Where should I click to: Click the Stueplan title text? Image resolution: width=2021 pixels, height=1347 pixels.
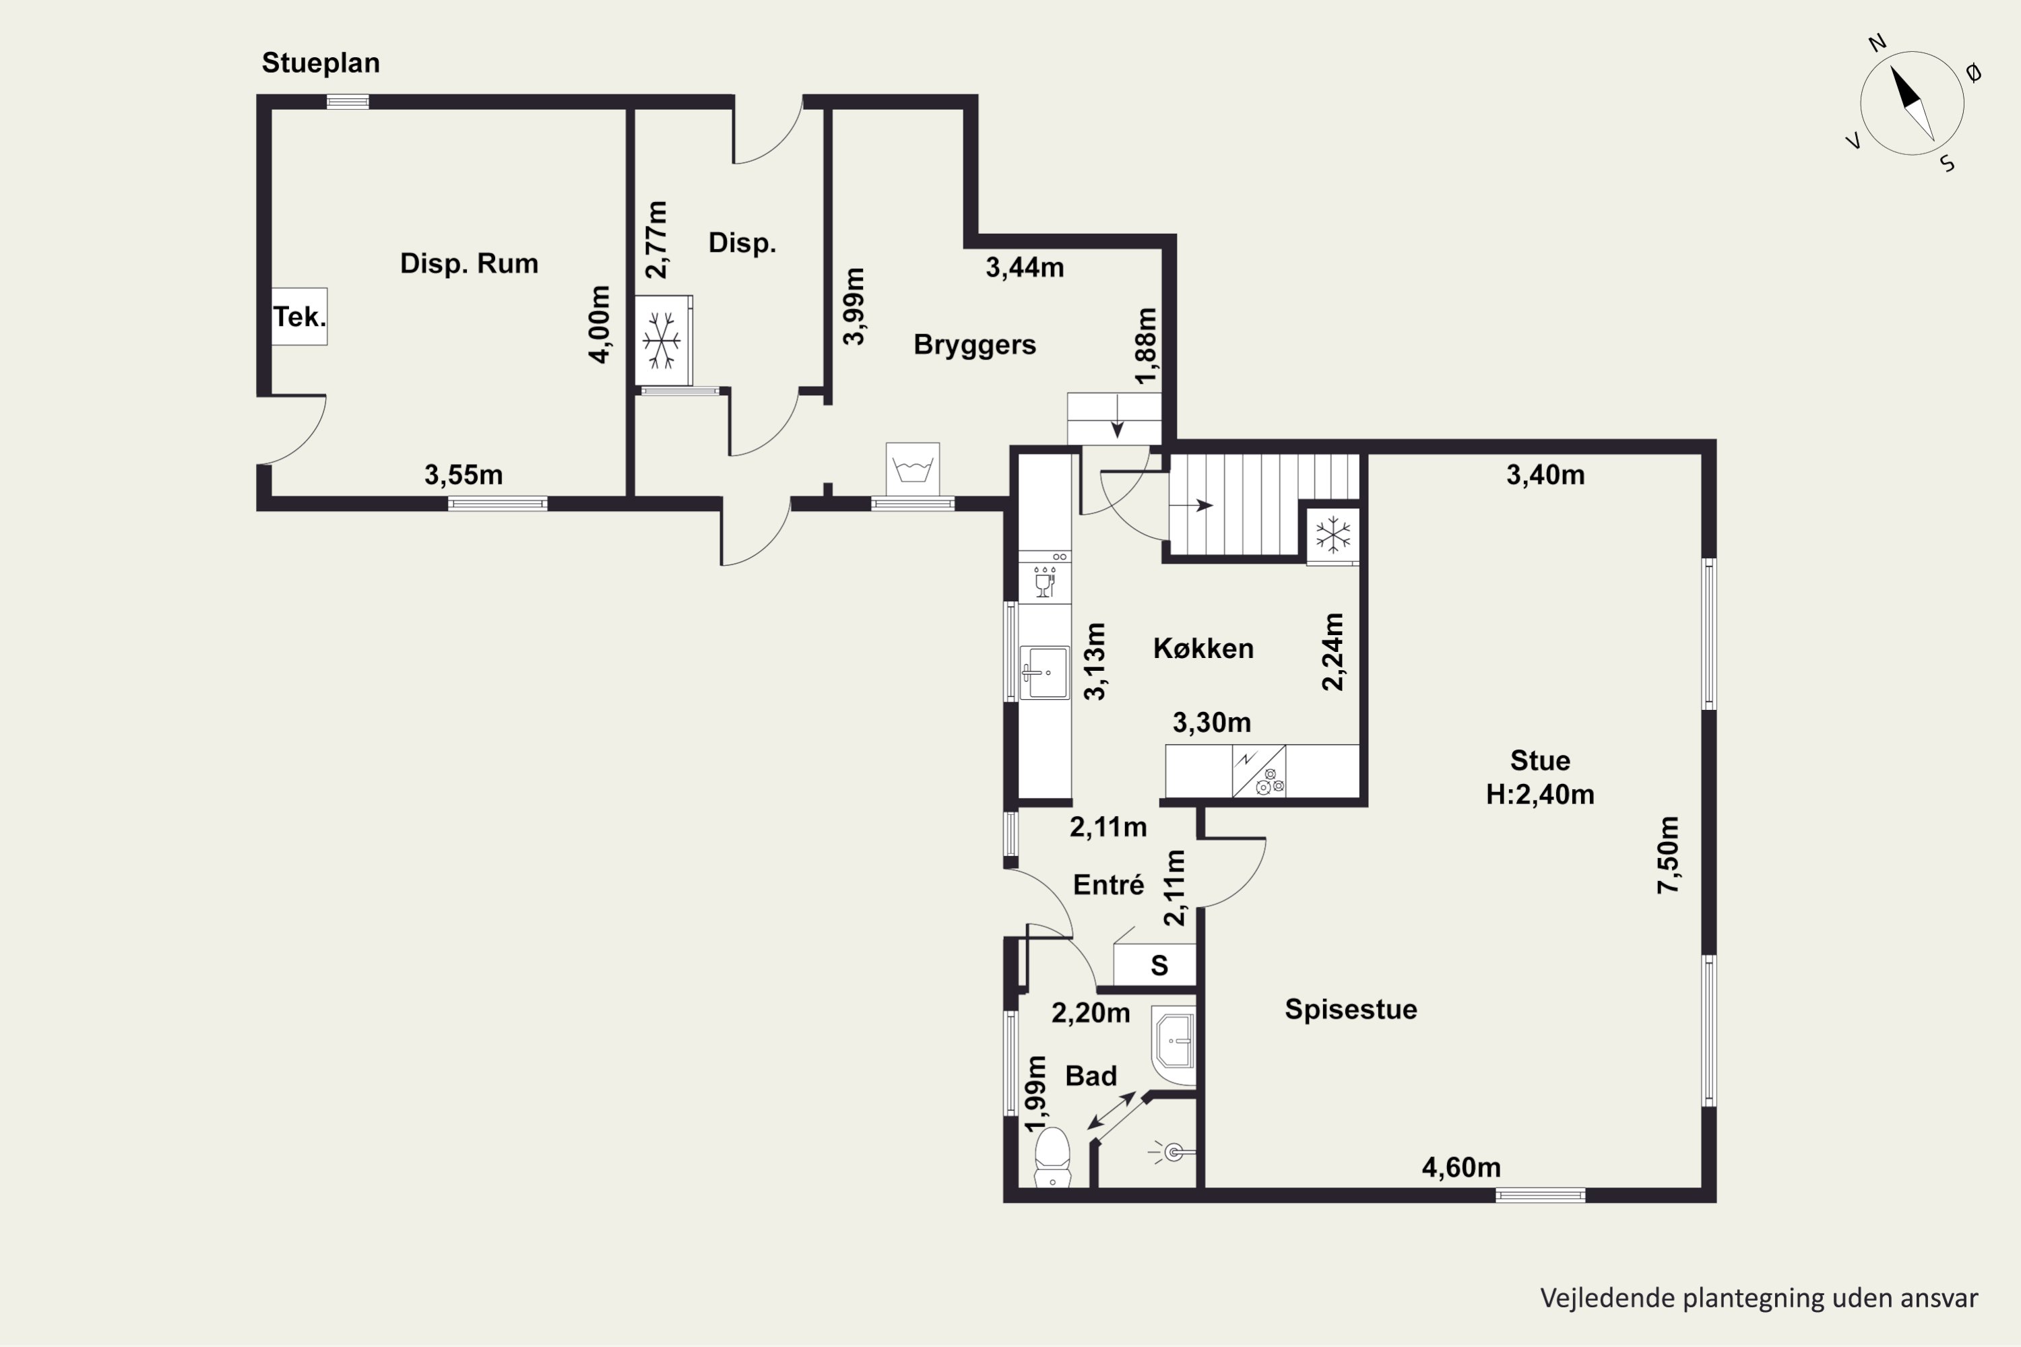point(321,63)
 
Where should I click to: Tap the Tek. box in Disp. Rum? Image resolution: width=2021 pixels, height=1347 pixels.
point(299,316)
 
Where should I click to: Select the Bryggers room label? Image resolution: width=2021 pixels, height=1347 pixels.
point(974,344)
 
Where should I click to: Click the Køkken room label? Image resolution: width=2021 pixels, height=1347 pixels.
point(1203,648)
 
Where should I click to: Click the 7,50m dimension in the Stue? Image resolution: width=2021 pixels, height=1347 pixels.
point(1668,855)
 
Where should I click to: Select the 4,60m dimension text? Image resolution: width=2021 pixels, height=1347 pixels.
point(1461,1167)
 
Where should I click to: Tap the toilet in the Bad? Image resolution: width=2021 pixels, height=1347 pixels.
point(1052,1158)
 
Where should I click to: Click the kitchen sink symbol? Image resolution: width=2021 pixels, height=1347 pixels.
point(1044,673)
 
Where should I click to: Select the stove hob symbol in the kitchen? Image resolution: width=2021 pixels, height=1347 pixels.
point(1259,771)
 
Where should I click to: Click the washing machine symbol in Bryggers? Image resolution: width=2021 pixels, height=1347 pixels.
point(913,469)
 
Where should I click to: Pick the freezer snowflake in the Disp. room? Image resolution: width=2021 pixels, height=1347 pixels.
point(662,341)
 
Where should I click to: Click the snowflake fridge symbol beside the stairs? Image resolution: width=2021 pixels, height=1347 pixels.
point(1333,535)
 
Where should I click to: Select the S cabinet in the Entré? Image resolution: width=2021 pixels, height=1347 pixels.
point(1155,964)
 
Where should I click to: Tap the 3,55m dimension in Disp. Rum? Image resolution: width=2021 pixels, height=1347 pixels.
point(463,474)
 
